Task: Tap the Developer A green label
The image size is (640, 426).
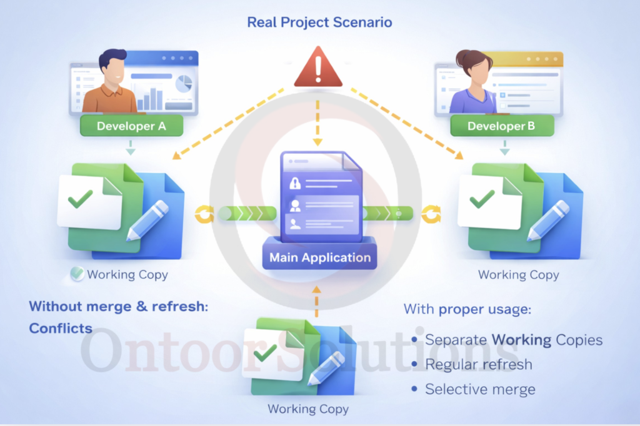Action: [x=131, y=126]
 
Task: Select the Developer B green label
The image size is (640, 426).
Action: [x=501, y=126]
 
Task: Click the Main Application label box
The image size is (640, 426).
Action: [x=320, y=257]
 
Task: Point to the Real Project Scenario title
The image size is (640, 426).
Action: [x=319, y=22]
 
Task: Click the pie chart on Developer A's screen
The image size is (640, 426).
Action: [x=184, y=84]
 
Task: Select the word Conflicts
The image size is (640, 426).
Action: [x=61, y=329]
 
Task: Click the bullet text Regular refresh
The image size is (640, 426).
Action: [x=479, y=364]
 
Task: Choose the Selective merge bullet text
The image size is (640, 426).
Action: [x=480, y=389]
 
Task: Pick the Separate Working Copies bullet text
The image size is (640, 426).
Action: [x=514, y=340]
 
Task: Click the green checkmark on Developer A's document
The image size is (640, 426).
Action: [x=81, y=199]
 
